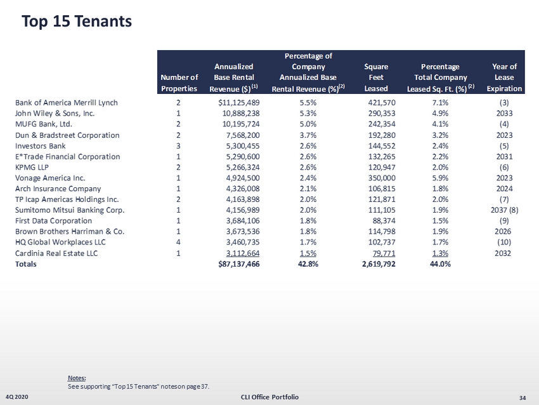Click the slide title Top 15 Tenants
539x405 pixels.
click(76, 22)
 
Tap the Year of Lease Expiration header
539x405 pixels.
click(504, 77)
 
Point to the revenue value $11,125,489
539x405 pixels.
click(239, 102)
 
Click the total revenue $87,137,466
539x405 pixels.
click(238, 264)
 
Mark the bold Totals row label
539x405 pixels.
click(26, 264)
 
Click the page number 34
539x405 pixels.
click(523, 397)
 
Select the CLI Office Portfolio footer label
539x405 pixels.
click(269, 397)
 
